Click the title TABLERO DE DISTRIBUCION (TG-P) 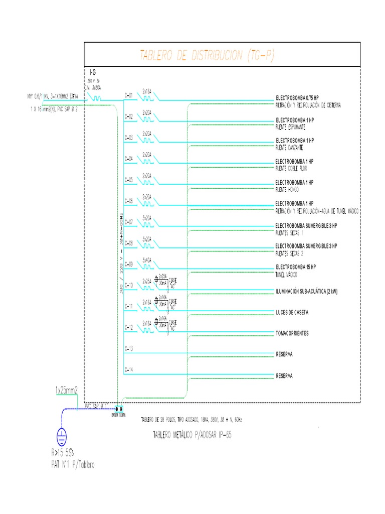pos(206,56)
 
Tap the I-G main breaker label pos(93,73)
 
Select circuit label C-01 pos(128,95)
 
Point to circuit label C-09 pos(128,264)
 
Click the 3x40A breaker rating pos(147,260)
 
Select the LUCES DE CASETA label pos(292,313)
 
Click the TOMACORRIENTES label pos(292,333)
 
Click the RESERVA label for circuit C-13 pos(284,354)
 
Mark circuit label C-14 pos(128,370)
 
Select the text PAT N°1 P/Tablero pos(72,465)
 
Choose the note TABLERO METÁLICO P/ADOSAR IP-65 pos(192,434)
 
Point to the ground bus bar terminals pos(119,409)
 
